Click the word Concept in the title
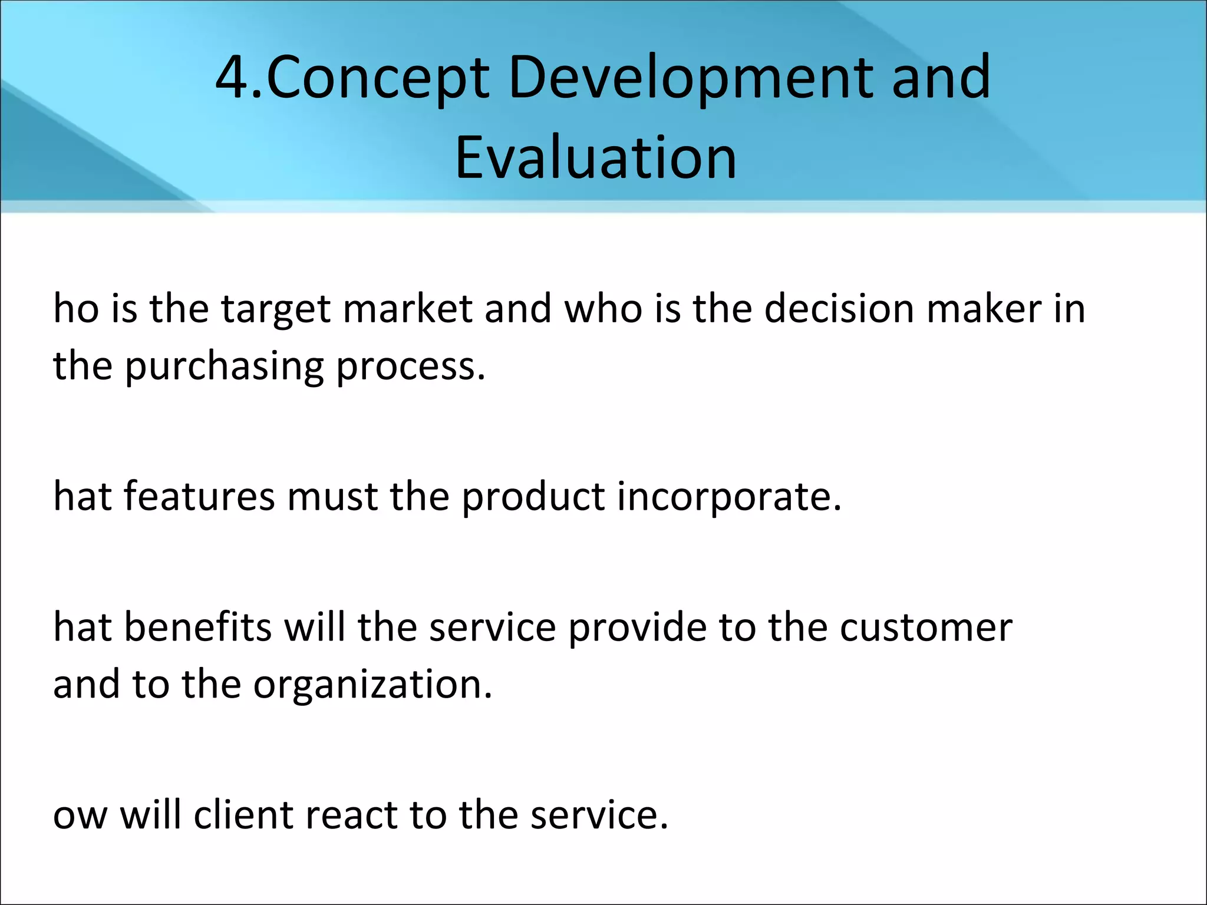377,78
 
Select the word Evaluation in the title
596,158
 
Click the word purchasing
225,368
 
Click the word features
199,496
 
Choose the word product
533,497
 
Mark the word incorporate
730,497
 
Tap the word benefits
198,627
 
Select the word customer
926,628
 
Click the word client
243,815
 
